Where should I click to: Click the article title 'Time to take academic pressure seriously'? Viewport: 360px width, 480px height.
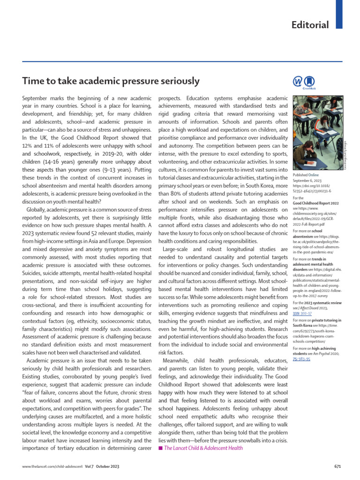(x=111, y=81)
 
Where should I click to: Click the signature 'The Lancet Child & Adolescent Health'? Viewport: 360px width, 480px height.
(x=203, y=448)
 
